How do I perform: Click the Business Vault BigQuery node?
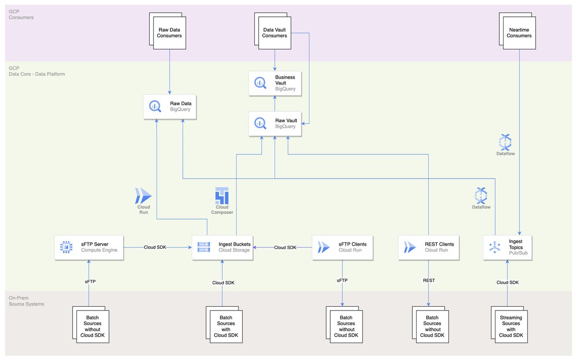[275, 83]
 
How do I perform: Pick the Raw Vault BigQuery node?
[275, 123]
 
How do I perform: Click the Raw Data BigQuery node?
[170, 107]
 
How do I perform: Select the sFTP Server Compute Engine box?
[89, 247]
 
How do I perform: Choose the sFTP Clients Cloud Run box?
[342, 247]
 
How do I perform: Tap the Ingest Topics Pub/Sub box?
[508, 247]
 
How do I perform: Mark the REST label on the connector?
[428, 280]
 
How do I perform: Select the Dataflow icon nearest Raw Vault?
[505, 144]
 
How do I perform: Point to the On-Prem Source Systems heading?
[26, 301]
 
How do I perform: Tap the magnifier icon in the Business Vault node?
[260, 83]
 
